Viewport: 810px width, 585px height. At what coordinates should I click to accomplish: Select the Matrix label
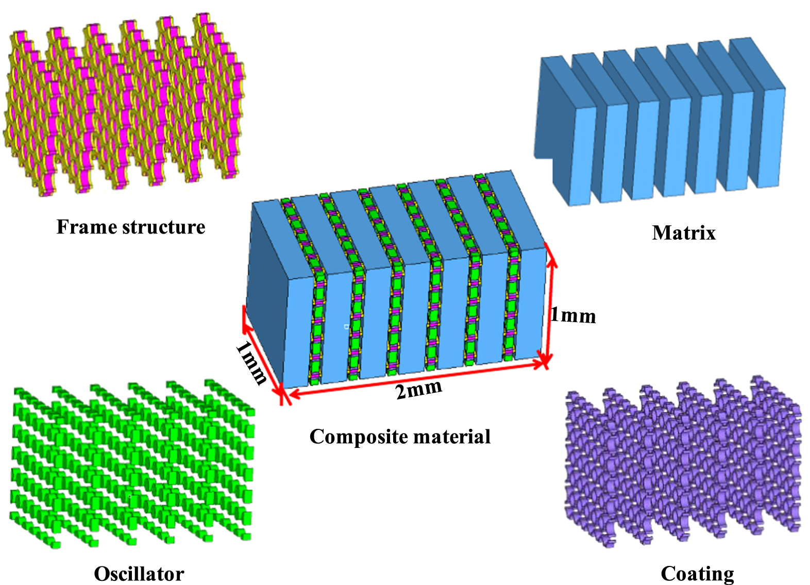tap(684, 233)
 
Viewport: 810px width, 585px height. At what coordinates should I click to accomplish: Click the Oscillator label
tap(139, 574)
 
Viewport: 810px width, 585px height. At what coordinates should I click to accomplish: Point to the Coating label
tap(697, 574)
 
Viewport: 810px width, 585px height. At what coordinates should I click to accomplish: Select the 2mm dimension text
tap(418, 390)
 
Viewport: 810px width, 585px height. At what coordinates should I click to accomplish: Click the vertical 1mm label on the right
tap(573, 315)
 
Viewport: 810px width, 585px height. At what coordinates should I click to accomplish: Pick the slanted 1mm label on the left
tap(251, 363)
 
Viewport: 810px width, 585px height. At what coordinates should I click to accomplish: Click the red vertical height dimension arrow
tap(549, 309)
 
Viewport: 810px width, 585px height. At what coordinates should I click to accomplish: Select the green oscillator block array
tap(131, 464)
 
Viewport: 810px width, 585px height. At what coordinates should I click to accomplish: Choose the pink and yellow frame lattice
tap(124, 103)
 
